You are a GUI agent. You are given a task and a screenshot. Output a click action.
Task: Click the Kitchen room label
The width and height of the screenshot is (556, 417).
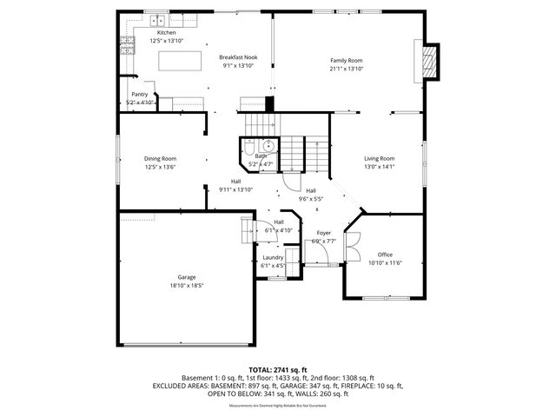[166, 32]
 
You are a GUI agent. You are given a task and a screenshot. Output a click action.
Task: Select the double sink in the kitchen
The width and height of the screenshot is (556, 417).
[157, 20]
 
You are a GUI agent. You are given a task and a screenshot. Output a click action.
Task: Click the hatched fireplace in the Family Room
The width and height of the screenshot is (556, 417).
[427, 60]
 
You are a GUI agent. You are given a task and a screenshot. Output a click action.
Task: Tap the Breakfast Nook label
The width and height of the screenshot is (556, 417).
[237, 56]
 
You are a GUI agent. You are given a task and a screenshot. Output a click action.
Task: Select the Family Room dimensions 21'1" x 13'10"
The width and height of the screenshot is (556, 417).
[346, 69]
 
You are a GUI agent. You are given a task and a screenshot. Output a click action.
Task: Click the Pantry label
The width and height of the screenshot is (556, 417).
[139, 94]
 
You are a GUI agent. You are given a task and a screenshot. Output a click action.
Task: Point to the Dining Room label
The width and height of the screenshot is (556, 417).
[161, 158]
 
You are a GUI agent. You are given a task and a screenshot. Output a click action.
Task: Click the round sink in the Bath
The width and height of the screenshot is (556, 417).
[269, 146]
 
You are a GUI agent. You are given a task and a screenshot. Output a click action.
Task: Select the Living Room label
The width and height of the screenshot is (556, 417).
[379, 158]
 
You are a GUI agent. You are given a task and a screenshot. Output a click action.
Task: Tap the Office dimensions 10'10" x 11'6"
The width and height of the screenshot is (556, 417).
[385, 262]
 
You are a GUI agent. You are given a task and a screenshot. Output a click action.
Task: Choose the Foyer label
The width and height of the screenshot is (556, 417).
[323, 233]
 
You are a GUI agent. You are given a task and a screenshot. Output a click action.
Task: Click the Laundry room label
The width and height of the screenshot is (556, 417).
[273, 257]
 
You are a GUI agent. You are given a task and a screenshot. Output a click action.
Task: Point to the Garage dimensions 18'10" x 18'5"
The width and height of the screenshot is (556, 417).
[185, 285]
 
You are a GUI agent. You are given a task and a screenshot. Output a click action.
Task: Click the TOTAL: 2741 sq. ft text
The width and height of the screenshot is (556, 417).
[277, 369]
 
